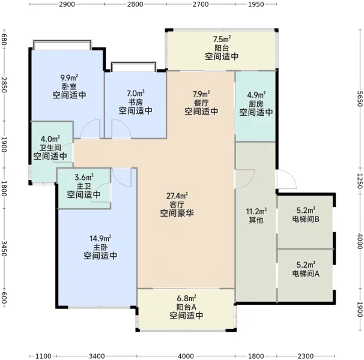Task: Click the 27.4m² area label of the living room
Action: (177, 196)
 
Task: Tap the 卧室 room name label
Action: (69, 86)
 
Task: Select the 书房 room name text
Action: (136, 102)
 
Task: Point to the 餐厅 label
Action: (201, 103)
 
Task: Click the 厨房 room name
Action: (256, 104)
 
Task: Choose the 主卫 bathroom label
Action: (84, 186)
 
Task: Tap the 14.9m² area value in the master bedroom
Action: (100, 238)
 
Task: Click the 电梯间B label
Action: (306, 219)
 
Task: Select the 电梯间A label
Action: (306, 274)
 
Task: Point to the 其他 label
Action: (256, 220)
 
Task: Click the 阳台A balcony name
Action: (186, 307)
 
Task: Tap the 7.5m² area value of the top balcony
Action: (222, 39)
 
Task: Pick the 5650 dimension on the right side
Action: (360, 98)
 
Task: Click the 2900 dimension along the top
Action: (67, 4)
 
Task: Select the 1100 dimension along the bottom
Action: (43, 356)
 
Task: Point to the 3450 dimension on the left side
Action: (4, 248)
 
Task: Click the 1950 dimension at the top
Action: (256, 4)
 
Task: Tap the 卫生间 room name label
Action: (50, 148)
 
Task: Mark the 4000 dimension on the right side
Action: (360, 241)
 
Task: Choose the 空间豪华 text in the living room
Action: (177, 213)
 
